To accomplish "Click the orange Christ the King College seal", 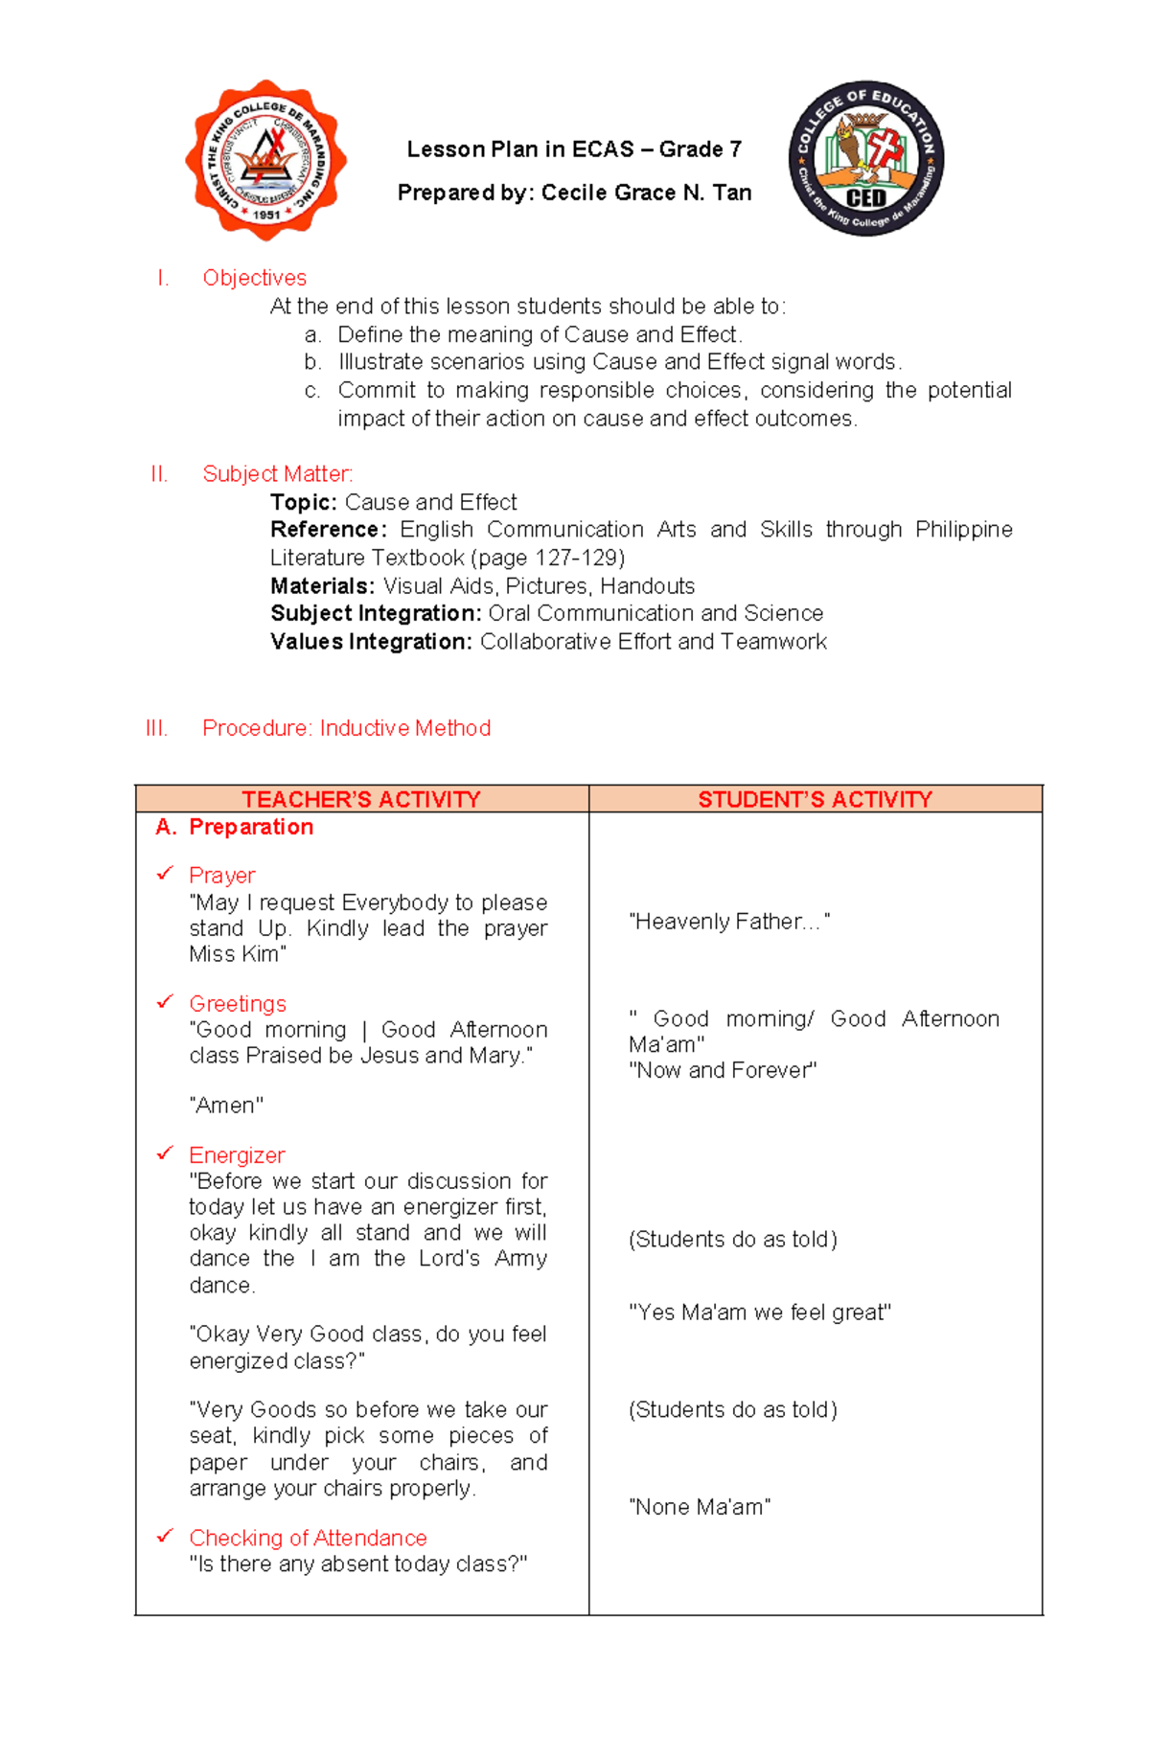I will [265, 160].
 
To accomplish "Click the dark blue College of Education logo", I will [865, 158].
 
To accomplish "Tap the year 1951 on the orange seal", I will [266, 215].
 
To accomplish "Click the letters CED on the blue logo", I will [865, 198].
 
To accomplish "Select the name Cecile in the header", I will [573, 193].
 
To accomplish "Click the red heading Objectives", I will [254, 278].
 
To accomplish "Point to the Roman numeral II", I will [159, 474].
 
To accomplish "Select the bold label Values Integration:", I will [371, 642].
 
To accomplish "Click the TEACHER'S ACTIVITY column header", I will [361, 799].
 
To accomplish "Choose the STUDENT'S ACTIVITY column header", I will [815, 799].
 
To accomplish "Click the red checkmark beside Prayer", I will [165, 873].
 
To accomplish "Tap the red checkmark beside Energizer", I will [165, 1153].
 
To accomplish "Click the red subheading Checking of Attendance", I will [308, 1538].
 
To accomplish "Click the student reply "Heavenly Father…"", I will [728, 922].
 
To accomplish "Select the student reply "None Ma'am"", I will [700, 1507].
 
